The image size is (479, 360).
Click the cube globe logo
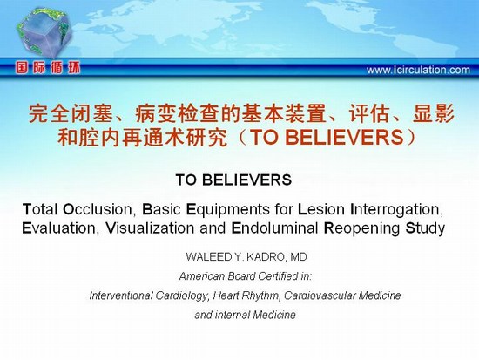tap(44, 32)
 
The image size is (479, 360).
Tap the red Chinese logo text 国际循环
tap(48, 68)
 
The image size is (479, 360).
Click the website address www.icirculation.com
tap(418, 70)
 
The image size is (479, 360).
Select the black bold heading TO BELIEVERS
tap(233, 180)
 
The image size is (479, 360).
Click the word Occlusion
tap(99, 209)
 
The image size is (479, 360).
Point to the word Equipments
tap(228, 210)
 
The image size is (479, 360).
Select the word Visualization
tap(150, 228)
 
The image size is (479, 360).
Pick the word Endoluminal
tap(275, 228)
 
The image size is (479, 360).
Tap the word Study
tap(425, 229)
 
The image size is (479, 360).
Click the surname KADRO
tap(266, 257)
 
